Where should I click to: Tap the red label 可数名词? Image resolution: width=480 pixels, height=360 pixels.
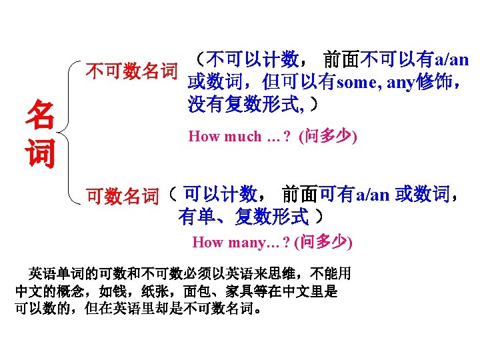click(x=123, y=196)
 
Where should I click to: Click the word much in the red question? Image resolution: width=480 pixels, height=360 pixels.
click(x=243, y=137)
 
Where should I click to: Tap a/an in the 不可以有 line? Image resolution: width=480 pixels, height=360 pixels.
click(x=452, y=61)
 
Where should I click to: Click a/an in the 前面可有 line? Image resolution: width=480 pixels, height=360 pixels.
click(x=372, y=196)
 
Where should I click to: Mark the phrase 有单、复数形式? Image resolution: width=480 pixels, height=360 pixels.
click(x=243, y=217)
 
